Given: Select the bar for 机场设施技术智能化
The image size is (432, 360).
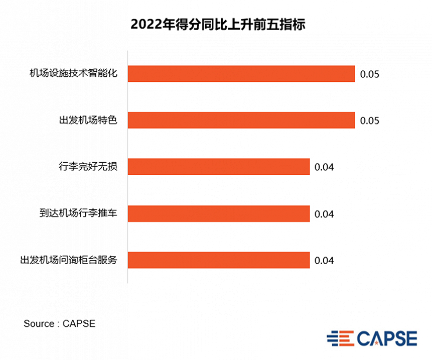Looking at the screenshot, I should (x=241, y=73).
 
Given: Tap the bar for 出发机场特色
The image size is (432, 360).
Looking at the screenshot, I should (x=241, y=120).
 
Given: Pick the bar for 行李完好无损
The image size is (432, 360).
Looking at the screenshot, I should (x=219, y=167).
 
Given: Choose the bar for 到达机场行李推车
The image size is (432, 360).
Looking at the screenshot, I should (x=219, y=213).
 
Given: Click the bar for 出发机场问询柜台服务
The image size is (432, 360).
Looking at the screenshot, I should (x=219, y=260).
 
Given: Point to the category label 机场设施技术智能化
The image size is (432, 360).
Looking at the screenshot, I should (x=73, y=73).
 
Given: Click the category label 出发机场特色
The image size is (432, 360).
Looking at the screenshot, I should (x=88, y=120).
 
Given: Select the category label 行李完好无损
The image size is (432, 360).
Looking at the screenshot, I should (x=88, y=167).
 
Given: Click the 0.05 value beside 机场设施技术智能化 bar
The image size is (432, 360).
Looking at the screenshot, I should (x=369, y=74).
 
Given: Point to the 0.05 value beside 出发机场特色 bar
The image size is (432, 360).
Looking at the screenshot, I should (x=369, y=121).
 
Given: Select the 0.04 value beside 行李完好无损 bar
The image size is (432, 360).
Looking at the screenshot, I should (x=324, y=168).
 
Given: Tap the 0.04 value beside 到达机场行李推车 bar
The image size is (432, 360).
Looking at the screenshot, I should (x=324, y=214).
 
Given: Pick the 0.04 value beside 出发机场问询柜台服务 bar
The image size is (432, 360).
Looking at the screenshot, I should (x=324, y=261).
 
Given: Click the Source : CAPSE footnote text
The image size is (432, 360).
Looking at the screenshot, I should (x=59, y=324).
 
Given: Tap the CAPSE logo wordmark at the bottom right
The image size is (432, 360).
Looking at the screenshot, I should (x=386, y=338).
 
